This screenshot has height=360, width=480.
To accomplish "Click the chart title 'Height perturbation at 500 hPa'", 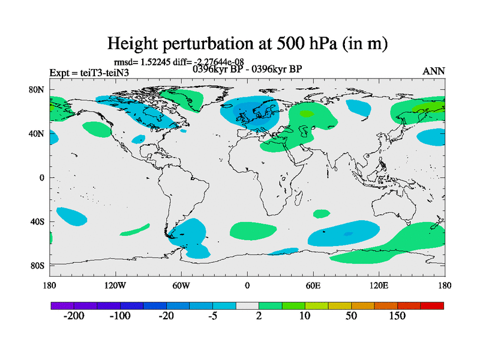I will [247, 43].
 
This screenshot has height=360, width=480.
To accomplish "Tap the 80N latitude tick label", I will [38, 90].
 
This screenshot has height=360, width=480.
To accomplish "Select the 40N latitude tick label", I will [38, 134].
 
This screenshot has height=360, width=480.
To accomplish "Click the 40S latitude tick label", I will [38, 221].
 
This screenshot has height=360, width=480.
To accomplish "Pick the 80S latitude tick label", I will [38, 265].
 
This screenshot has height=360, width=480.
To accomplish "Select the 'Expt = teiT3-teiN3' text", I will [89, 73].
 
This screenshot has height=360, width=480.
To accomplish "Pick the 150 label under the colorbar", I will [398, 316].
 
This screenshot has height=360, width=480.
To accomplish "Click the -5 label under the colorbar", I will [213, 316].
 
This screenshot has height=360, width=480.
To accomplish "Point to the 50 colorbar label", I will [352, 316].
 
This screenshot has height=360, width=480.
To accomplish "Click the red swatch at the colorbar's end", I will [436, 306].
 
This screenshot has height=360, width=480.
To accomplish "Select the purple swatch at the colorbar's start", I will [58, 306].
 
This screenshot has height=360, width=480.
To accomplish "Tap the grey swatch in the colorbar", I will [247, 306].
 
